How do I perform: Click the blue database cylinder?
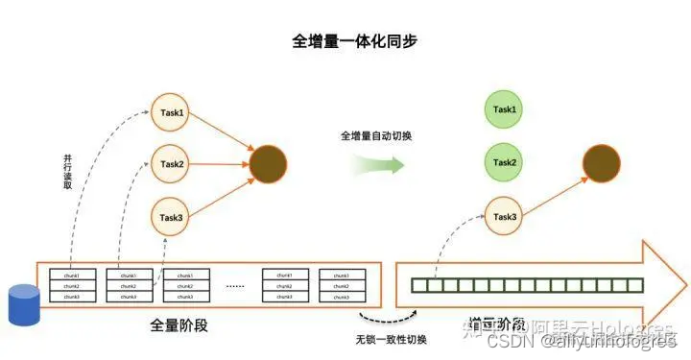click(x=21, y=304)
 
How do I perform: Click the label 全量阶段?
click(x=179, y=325)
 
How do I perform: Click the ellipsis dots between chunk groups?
click(x=236, y=286)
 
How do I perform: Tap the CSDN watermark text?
click(x=505, y=342)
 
